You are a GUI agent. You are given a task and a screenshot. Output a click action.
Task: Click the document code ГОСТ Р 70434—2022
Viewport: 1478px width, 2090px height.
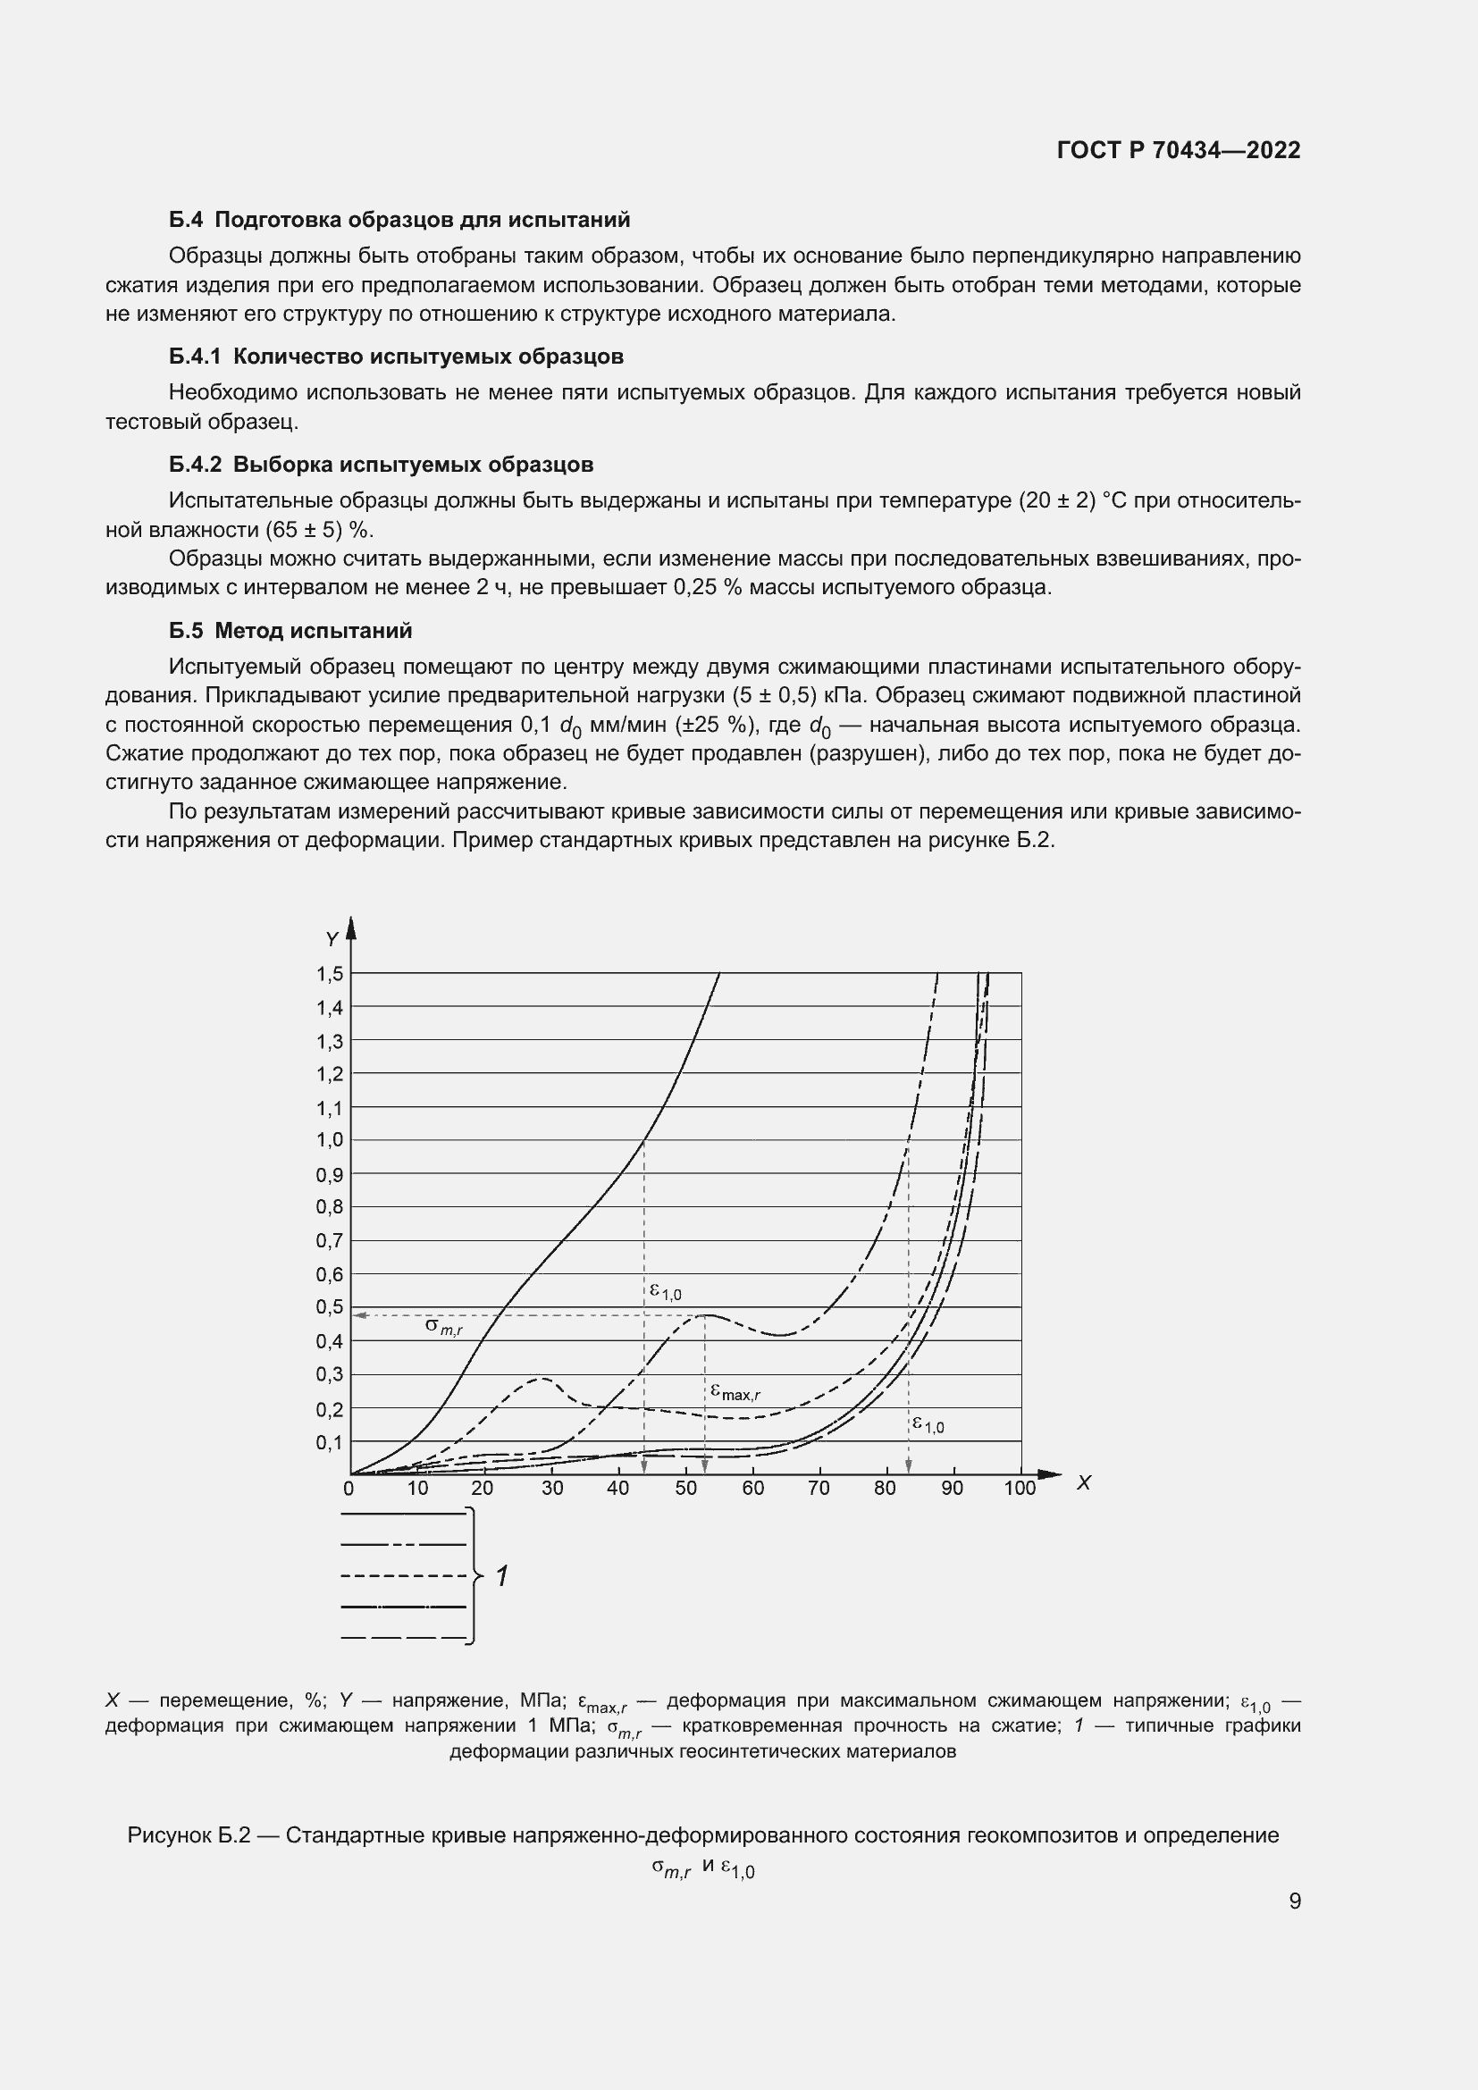tap(1179, 150)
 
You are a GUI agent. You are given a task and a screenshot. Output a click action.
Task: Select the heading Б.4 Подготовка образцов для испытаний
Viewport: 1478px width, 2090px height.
tap(399, 220)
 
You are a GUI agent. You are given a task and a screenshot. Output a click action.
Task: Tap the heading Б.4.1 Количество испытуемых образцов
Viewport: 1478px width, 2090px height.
tap(396, 356)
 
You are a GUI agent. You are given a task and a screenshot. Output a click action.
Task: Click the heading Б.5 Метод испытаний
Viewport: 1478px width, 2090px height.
tap(290, 630)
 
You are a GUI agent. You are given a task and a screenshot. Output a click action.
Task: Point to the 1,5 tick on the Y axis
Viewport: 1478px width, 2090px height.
tap(330, 974)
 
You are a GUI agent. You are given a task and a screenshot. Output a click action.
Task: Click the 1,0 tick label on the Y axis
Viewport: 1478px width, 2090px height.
tap(330, 1139)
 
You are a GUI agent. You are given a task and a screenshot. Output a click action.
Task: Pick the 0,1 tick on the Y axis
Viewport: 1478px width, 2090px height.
tap(330, 1442)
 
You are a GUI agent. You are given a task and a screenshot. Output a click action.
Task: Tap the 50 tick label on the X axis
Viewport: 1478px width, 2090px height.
tap(685, 1489)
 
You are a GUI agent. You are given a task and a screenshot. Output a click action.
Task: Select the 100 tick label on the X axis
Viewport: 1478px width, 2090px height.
tap(1020, 1489)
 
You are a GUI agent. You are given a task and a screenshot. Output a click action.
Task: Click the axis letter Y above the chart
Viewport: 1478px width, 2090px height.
tap(332, 938)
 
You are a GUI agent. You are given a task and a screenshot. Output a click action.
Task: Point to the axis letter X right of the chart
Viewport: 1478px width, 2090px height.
tap(1084, 1483)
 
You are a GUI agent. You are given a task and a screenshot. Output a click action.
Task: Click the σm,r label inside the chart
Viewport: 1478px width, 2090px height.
tap(444, 1327)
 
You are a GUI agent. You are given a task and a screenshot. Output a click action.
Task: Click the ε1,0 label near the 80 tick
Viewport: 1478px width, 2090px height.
tap(928, 1424)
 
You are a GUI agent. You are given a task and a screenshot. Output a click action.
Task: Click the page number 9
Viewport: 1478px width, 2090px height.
tap(1295, 1901)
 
